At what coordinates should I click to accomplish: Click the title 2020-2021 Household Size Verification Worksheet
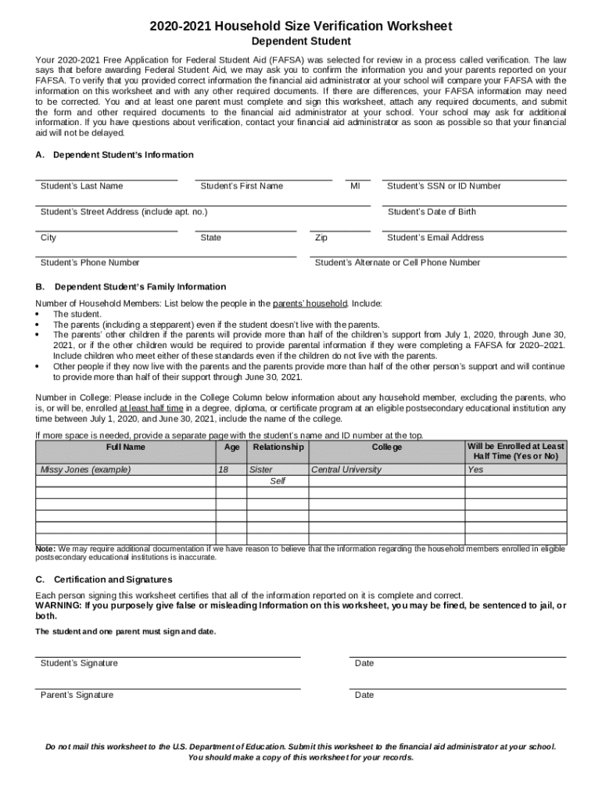[x=301, y=27]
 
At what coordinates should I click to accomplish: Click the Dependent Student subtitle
[x=301, y=41]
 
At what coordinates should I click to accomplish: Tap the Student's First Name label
[x=242, y=186]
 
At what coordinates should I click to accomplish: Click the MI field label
[x=355, y=186]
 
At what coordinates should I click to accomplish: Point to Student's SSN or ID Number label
[x=444, y=186]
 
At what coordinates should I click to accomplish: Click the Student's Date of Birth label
[x=432, y=212]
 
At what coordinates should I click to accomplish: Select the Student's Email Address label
[x=435, y=238]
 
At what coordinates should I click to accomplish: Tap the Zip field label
[x=321, y=238]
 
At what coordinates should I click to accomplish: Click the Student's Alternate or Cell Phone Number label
[x=397, y=263]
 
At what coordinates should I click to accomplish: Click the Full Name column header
[x=125, y=447]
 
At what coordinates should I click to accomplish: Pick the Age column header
[x=231, y=447]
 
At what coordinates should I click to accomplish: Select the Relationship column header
[x=278, y=447]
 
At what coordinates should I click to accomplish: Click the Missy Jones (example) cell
[x=85, y=470]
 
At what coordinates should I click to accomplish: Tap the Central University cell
[x=346, y=470]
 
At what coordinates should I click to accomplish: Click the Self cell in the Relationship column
[x=278, y=481]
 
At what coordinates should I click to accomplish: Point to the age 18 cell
[x=223, y=470]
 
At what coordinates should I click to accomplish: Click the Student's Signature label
[x=79, y=663]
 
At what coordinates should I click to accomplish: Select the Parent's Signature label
[x=77, y=695]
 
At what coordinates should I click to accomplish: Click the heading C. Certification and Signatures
[x=104, y=580]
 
